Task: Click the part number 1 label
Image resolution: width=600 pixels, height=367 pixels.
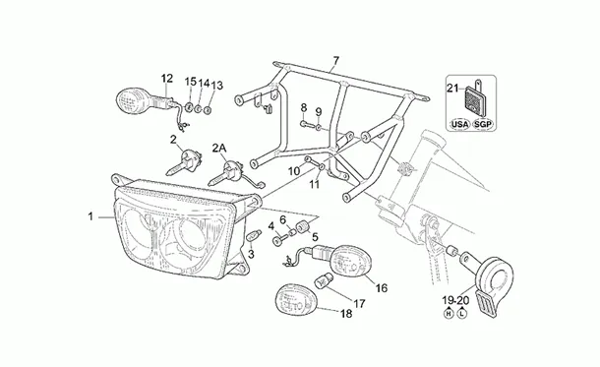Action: tap(90, 217)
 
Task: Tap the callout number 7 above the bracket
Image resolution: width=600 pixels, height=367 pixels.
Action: tap(335, 60)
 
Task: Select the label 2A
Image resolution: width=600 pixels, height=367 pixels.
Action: tap(219, 148)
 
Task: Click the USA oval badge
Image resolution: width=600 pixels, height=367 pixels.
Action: tap(459, 124)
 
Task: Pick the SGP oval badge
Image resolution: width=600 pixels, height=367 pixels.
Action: tap(483, 124)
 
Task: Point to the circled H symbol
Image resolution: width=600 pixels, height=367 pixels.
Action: tap(449, 314)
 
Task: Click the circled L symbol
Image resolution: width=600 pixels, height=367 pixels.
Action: tap(462, 314)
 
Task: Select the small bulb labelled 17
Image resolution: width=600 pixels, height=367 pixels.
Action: tap(321, 281)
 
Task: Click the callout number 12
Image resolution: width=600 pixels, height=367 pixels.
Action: tap(167, 79)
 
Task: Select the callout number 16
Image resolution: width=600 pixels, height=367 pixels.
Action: tap(382, 287)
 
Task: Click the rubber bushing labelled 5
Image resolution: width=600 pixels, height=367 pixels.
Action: tap(302, 226)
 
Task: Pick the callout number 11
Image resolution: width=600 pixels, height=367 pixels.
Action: tap(314, 184)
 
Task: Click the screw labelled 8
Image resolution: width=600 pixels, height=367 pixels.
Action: tap(305, 124)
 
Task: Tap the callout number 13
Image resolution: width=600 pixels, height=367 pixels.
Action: tap(217, 85)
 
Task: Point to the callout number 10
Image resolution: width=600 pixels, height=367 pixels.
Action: tap(294, 171)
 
